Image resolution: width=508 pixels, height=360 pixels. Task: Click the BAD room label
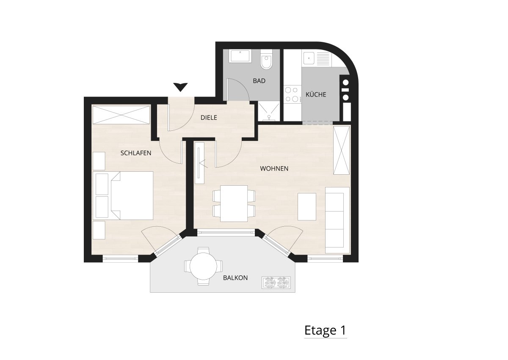coord(259,81)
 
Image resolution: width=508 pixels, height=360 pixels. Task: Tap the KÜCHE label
coord(316,94)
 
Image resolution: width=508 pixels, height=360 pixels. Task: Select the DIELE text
coord(209,117)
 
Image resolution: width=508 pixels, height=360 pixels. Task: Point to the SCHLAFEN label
coord(135,153)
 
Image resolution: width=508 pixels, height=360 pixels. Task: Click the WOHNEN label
coord(274,168)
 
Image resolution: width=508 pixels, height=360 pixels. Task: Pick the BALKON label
coord(235,278)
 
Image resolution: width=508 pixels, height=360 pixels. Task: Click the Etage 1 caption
coord(325,330)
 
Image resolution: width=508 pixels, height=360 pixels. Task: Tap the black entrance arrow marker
coord(180,87)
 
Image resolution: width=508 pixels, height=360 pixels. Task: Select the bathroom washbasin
coord(240,56)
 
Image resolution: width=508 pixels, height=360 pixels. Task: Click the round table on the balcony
coord(203,267)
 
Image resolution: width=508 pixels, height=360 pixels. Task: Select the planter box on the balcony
coord(276,283)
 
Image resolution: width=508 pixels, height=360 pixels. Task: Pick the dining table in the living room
coord(234,203)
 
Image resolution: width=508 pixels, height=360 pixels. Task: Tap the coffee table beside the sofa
coord(307,206)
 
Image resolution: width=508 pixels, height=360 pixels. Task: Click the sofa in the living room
coord(337,220)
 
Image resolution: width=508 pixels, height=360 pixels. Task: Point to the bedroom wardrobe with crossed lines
coord(121,115)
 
